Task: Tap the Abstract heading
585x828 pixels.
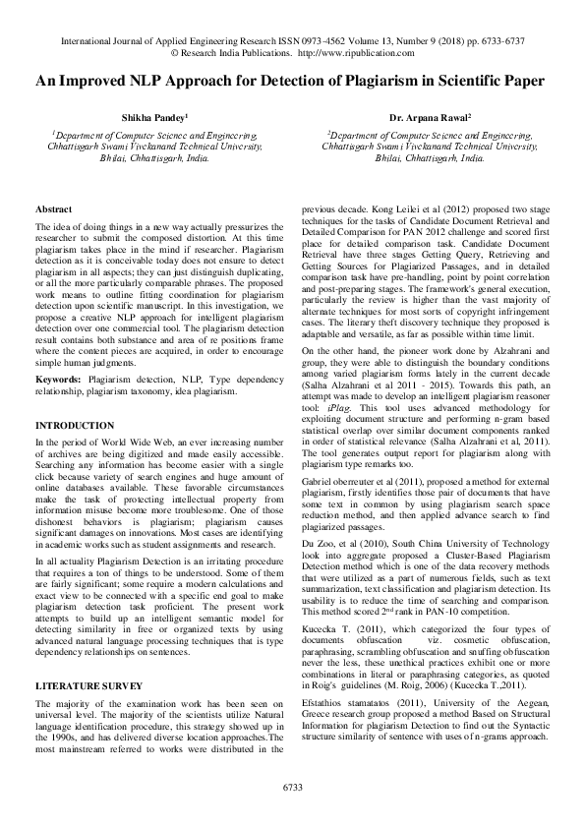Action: [53, 210]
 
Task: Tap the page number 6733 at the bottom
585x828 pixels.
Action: [292, 787]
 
